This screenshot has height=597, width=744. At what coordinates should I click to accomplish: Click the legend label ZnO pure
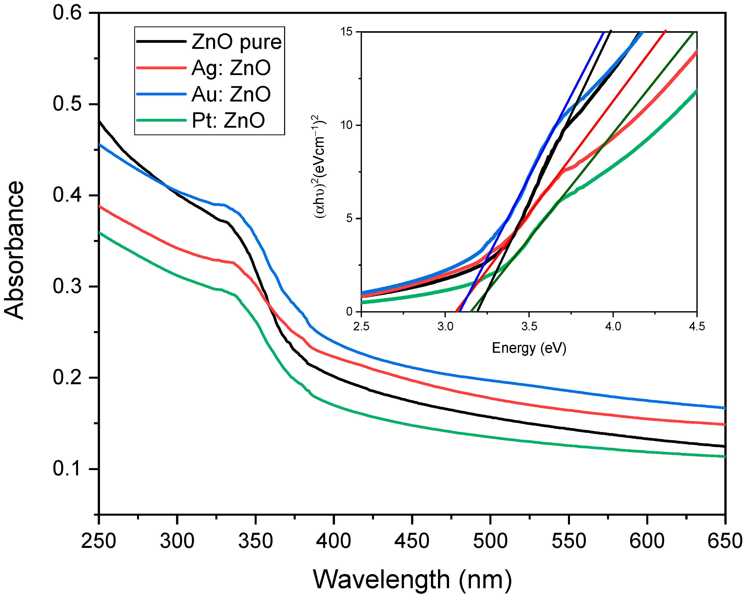[236, 42]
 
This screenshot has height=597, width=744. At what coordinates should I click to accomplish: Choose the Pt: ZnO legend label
[228, 120]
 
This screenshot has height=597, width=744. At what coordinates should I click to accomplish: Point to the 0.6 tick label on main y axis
[67, 13]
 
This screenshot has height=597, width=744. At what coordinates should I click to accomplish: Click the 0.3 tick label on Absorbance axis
[67, 287]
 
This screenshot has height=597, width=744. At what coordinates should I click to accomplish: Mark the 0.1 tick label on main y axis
[67, 469]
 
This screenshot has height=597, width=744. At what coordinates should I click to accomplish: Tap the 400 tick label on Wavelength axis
[334, 541]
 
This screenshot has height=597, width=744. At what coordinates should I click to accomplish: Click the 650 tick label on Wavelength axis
[725, 541]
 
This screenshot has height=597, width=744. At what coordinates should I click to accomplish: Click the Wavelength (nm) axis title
[412, 579]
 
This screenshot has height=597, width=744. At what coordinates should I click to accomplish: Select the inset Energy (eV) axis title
[529, 348]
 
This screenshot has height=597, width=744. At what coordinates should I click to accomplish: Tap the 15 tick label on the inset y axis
[347, 32]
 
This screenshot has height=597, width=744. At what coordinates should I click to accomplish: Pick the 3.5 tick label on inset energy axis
[529, 326]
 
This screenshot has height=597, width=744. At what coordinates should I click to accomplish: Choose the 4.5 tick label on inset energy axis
[697, 326]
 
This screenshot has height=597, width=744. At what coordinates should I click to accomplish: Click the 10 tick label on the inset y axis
[347, 125]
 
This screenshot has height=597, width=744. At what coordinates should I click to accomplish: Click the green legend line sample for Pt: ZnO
[161, 120]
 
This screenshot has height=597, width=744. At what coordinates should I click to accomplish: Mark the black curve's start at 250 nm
[100, 121]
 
